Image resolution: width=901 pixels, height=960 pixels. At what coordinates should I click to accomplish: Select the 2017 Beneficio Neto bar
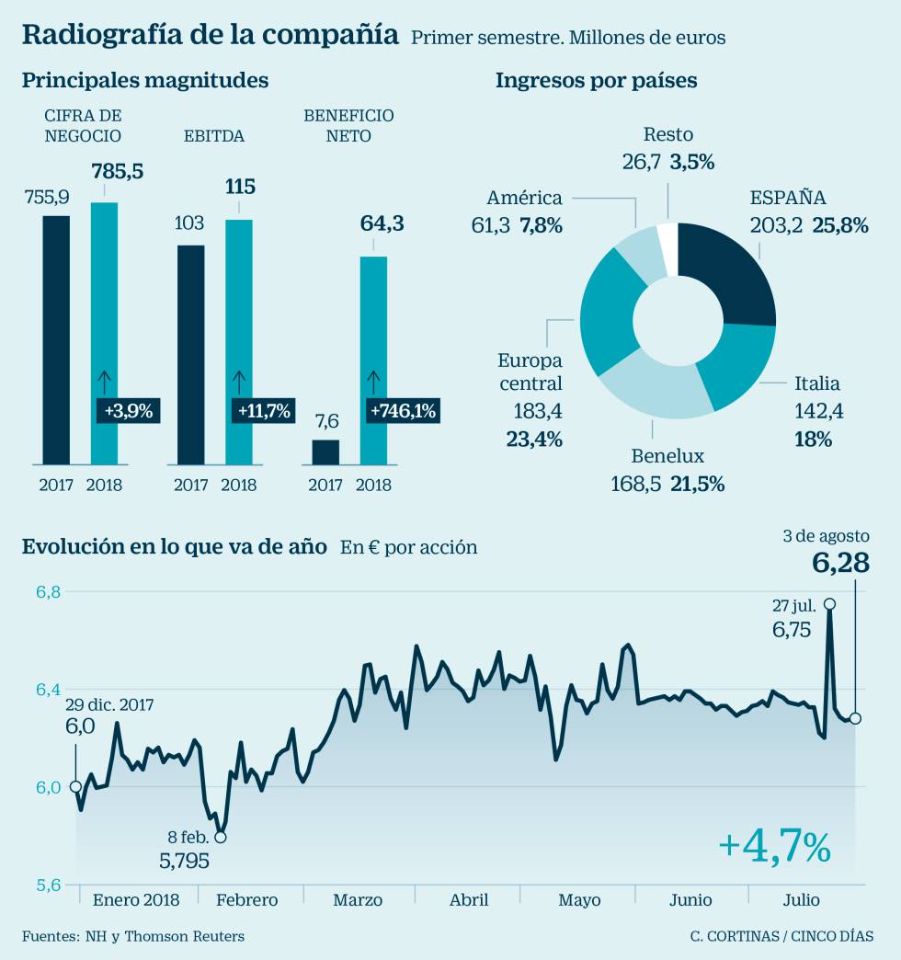tap(325, 451)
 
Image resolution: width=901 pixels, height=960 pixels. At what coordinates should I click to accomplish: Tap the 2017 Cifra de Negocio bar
tap(56, 339)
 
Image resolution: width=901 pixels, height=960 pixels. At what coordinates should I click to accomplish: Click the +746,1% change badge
tap(403, 410)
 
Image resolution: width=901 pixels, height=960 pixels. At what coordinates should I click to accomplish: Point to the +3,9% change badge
tap(128, 410)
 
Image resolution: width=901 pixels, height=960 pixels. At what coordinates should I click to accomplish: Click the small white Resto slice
tap(667, 236)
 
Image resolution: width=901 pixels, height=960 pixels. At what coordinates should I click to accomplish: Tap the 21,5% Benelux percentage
tap(696, 483)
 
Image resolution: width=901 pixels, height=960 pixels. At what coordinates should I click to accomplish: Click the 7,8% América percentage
tap(541, 225)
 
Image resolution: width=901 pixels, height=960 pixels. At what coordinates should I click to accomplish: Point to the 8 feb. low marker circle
tap(221, 837)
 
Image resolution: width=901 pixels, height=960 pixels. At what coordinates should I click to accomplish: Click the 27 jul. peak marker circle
tap(830, 604)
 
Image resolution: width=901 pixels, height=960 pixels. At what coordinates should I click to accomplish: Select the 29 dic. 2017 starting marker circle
tap(75, 787)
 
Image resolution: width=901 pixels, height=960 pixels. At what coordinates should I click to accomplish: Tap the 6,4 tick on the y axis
tap(49, 690)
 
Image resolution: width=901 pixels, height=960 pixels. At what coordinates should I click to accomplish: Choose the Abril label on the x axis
tap(469, 900)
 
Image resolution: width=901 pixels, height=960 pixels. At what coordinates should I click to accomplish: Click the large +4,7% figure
tap(774, 847)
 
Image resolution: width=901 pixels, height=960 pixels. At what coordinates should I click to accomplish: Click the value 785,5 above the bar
tap(117, 171)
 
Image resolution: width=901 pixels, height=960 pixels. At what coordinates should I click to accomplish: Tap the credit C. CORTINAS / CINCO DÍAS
tap(782, 936)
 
